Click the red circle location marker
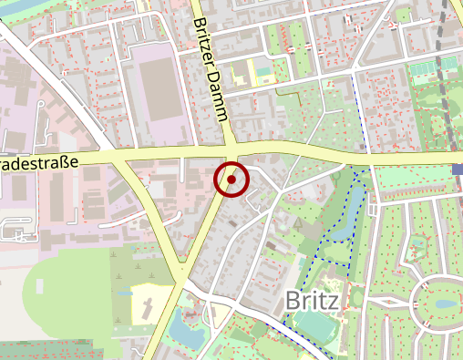231,180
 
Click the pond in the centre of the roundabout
444,304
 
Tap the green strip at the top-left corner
18,7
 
